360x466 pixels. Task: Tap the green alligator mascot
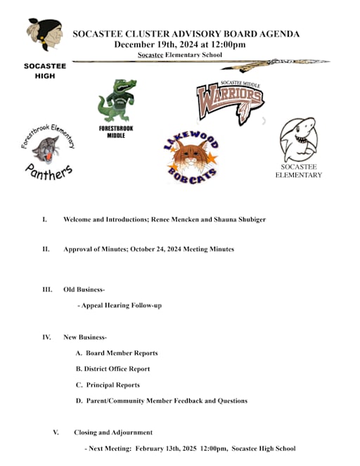(x=116, y=101)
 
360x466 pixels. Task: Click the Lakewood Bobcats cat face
(x=191, y=157)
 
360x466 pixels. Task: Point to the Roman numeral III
(x=47, y=290)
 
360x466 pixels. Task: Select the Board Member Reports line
(x=121, y=353)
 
